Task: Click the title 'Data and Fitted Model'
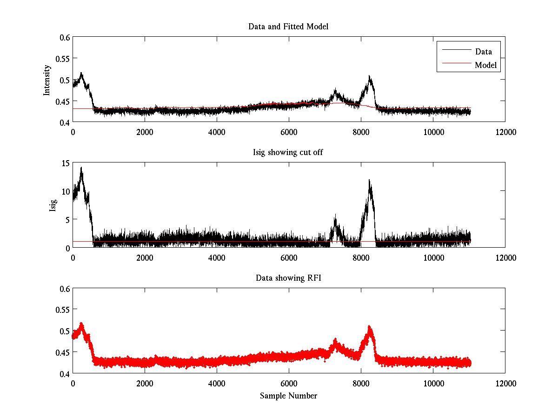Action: (288, 27)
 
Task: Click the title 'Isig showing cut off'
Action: (288, 152)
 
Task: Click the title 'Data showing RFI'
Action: (288, 278)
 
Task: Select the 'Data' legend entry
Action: (483, 52)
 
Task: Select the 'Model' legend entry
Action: (485, 65)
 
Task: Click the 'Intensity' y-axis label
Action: (47, 80)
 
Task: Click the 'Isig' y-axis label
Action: (53, 205)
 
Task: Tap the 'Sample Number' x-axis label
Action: (288, 396)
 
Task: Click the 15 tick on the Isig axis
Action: (66, 163)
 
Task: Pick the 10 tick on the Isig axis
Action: (66, 191)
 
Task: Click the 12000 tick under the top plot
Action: (505, 132)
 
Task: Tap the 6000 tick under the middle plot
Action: (289, 257)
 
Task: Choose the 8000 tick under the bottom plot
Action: (361, 383)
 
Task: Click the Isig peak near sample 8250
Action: (369, 180)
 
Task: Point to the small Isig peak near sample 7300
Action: (335, 216)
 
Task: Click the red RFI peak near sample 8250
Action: (369, 327)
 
